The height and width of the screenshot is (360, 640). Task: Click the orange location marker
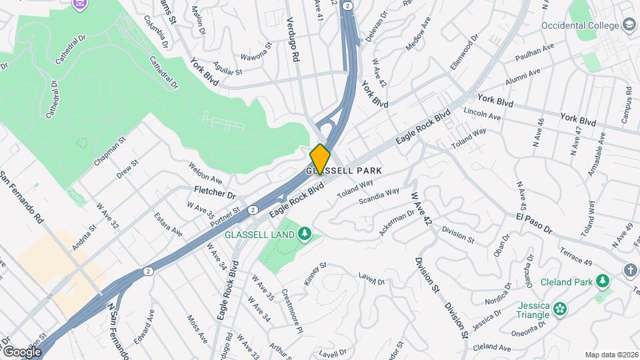click(320, 159)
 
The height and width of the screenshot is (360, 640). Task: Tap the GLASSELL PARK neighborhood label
click(344, 171)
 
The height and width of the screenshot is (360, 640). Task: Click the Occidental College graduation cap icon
click(628, 25)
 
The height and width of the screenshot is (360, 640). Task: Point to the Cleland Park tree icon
click(603, 281)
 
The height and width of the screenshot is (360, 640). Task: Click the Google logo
click(22, 351)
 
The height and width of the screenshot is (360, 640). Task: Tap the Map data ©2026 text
click(611, 355)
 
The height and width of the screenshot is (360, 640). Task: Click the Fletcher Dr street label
click(215, 195)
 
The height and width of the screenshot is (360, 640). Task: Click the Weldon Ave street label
click(205, 173)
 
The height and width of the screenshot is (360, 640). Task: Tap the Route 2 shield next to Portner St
click(253, 210)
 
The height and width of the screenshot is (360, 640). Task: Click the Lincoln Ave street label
click(481, 113)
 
